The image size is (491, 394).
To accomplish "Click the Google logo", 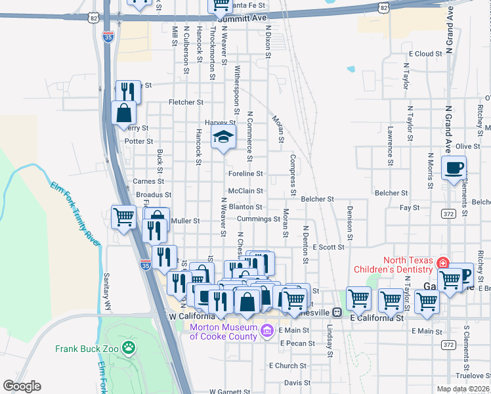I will pos(22,386).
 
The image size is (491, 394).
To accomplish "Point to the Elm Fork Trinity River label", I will pos(74,215).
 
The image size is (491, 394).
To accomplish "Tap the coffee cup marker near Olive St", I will pos(454,168).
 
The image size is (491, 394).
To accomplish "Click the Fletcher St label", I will pos(186,102).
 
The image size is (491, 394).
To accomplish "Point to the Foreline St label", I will pos(245,174).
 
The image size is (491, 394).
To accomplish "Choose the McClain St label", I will pos(245,191).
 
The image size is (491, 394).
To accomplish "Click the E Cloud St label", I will pos(425,54).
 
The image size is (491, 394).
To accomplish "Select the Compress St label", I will pos(293,175).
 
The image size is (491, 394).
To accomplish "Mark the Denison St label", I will pos(350,223).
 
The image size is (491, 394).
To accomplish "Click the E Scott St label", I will pos(329,247).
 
